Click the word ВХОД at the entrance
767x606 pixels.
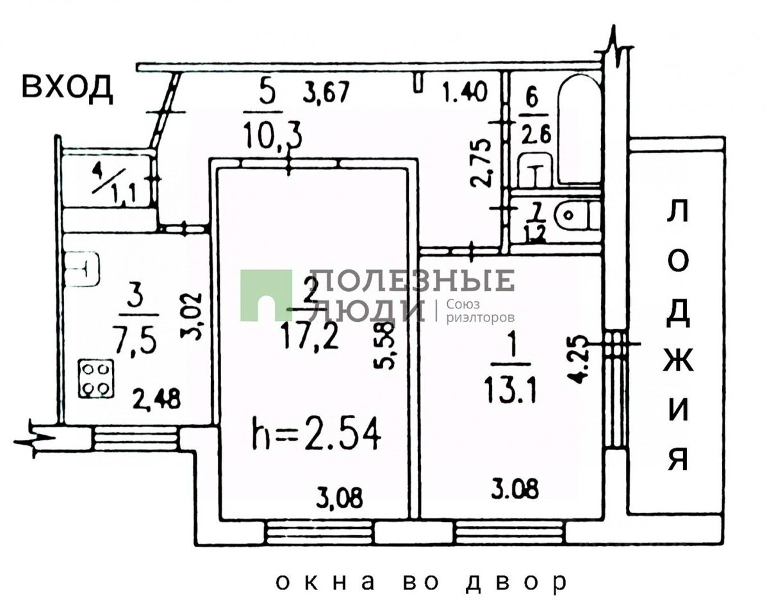(67, 88)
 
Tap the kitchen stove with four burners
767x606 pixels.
(97, 379)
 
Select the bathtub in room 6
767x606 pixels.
(579, 128)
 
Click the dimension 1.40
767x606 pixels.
(466, 91)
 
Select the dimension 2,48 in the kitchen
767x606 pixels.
(156, 399)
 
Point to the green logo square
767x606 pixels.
(266, 295)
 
